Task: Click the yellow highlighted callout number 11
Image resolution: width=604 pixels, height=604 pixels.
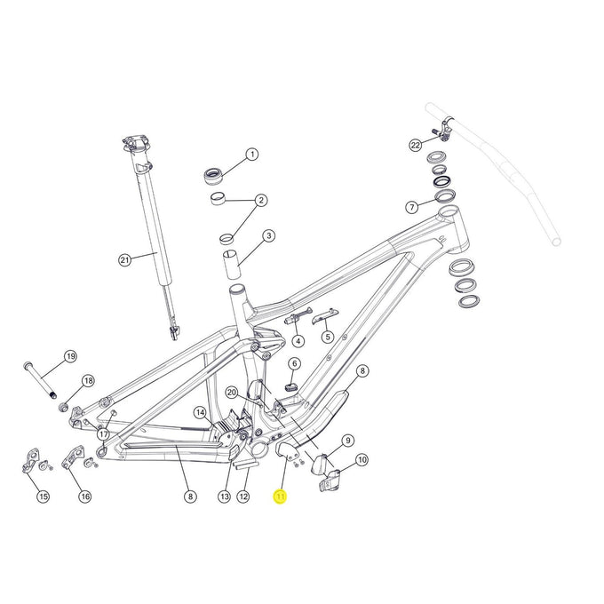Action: [280, 497]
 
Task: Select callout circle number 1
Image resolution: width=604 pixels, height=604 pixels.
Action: [251, 155]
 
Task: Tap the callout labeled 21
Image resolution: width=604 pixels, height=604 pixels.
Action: [124, 259]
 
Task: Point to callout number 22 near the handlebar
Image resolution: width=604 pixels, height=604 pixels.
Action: [415, 144]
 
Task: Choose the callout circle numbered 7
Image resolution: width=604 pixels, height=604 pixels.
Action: [411, 207]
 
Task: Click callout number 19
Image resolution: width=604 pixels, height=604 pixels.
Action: [70, 358]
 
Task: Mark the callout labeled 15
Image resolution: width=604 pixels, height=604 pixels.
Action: [43, 497]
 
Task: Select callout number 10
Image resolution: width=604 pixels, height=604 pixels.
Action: [362, 459]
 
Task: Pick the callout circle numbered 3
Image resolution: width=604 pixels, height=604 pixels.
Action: [267, 236]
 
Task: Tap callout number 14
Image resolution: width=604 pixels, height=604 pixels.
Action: [200, 412]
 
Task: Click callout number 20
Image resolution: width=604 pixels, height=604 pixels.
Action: [231, 392]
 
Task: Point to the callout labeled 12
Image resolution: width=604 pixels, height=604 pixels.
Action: [242, 497]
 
